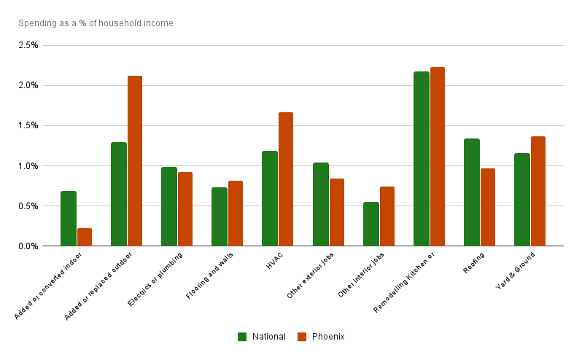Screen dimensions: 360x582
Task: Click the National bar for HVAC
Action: (x=270, y=198)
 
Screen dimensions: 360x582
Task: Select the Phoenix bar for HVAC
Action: (x=286, y=179)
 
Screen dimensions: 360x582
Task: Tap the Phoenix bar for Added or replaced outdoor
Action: (x=135, y=161)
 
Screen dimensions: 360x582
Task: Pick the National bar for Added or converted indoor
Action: (x=69, y=219)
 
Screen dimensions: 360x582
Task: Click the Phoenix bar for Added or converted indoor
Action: (x=85, y=237)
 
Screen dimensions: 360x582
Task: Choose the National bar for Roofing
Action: (x=471, y=192)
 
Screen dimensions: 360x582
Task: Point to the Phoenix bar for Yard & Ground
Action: (x=538, y=191)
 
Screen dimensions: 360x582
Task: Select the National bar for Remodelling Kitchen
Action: (x=421, y=159)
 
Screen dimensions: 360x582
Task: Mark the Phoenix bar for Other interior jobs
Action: (x=387, y=216)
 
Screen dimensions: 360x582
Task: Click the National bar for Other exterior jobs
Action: (x=320, y=204)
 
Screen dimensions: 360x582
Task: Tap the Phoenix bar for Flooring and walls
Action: (x=236, y=214)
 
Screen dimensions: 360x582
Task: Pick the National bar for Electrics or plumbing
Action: (x=169, y=206)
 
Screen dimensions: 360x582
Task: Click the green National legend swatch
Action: (x=242, y=337)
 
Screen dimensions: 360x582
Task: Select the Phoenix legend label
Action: (x=328, y=337)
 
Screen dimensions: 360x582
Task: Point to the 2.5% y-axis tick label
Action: (x=28, y=45)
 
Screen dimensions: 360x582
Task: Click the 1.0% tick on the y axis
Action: (x=28, y=166)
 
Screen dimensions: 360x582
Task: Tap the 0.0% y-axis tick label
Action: (x=28, y=246)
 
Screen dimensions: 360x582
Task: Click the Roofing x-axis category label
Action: (x=474, y=262)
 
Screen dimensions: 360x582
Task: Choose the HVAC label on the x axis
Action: (x=274, y=260)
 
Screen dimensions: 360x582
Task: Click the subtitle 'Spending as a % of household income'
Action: (x=96, y=23)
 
